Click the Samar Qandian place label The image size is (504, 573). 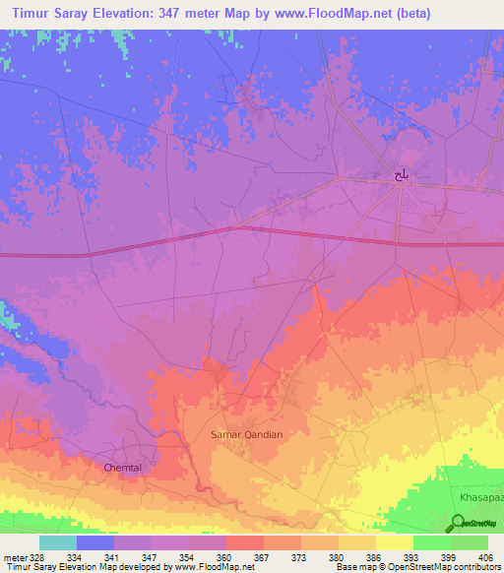[247, 434]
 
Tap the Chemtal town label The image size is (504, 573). [124, 468]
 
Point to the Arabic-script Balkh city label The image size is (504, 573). [401, 174]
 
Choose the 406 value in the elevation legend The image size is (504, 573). [486, 556]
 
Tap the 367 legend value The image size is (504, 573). [262, 556]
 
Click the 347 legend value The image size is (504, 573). [151, 556]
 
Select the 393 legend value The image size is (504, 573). [411, 556]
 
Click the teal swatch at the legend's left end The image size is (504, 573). [58, 542]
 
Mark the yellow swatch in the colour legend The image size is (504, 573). [394, 542]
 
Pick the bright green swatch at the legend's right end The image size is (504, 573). [469, 542]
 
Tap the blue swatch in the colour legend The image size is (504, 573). [95, 542]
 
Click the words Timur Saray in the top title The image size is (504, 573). [50, 16]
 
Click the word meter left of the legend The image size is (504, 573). [14, 556]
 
